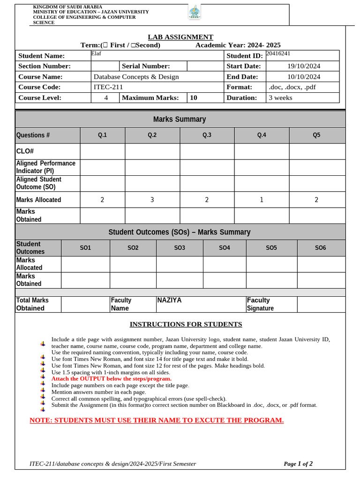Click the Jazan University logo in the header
[x=194, y=13]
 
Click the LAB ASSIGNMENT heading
[x=180, y=37]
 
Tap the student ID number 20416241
[x=281, y=53]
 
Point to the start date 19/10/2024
[x=304, y=66]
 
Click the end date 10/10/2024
[x=304, y=76]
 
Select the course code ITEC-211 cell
[x=108, y=87]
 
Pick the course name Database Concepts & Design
[x=136, y=76]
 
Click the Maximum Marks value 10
[x=194, y=97]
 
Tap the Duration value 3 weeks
[x=280, y=97]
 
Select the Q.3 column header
[x=207, y=135]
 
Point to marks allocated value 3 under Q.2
[x=152, y=200]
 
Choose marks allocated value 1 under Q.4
[x=262, y=200]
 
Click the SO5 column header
[x=271, y=247]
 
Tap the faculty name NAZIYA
[x=169, y=300]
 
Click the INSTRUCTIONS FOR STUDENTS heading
[x=186, y=324]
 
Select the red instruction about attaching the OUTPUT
[x=111, y=378]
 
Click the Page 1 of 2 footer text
[x=298, y=464]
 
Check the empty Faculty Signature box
[x=321, y=304]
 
